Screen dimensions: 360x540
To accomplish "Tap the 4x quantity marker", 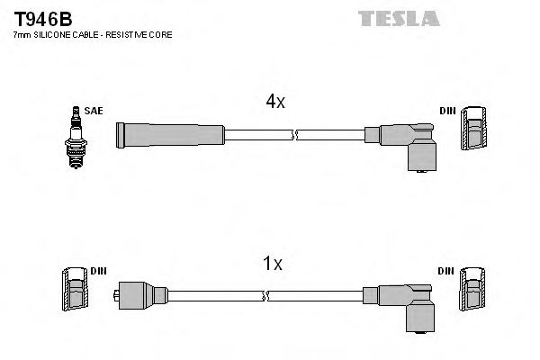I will (276, 103).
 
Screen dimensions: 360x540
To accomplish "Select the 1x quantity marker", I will (273, 264).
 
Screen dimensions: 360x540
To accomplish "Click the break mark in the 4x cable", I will (294, 135).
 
